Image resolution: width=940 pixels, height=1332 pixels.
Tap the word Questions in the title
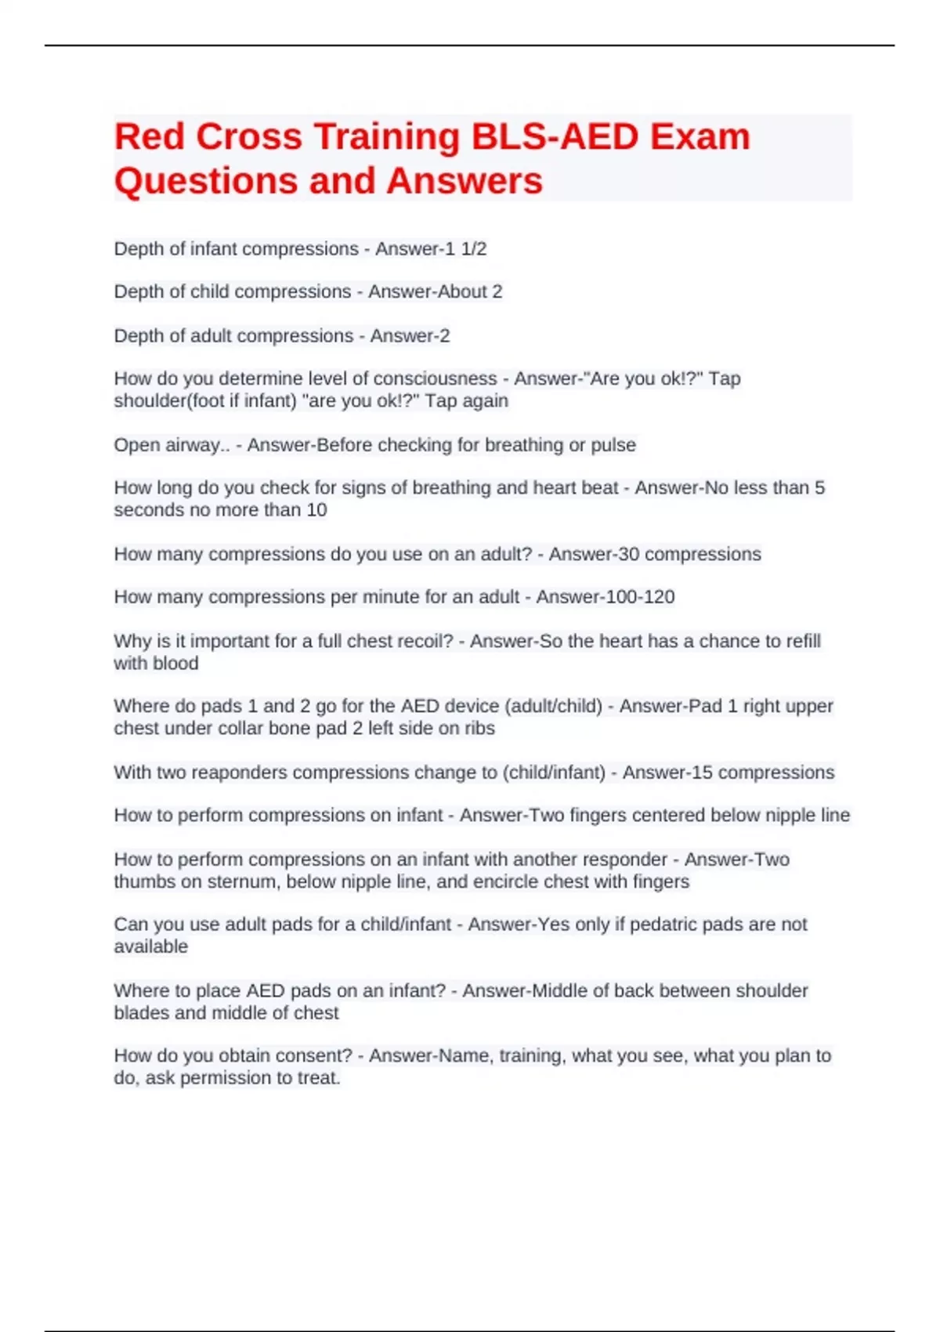[205, 181]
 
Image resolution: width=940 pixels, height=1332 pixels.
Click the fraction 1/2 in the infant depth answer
[474, 249]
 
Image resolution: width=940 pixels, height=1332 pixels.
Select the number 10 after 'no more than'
[316, 510]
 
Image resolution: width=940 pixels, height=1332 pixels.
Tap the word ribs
[479, 729]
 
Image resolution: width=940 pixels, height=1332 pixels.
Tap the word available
[151, 947]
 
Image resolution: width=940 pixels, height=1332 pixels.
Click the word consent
[315, 1056]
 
